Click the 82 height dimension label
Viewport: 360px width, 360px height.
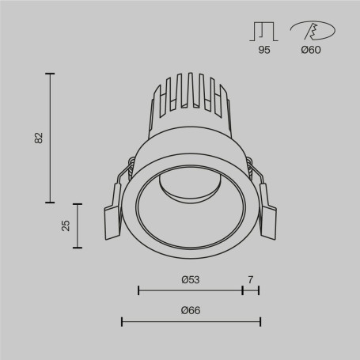coord(39,137)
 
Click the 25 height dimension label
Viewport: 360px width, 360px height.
coord(66,225)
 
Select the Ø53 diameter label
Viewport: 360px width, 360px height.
coord(190,279)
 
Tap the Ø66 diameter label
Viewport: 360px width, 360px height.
coord(190,310)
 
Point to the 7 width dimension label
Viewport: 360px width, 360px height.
coord(251,279)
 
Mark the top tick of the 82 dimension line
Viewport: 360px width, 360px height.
coord(51,74)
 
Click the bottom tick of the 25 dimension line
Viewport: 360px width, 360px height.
coord(78,248)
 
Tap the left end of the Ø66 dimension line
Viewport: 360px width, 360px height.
coord(122,321)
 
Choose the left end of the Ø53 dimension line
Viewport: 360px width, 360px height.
coord(138,290)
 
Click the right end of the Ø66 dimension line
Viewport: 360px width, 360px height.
coord(260,321)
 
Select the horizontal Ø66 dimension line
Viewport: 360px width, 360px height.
coord(191,321)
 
